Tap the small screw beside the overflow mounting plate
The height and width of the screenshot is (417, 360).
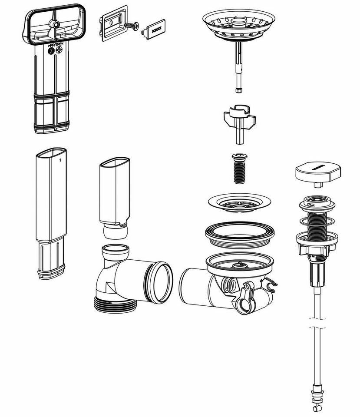pos(132,26)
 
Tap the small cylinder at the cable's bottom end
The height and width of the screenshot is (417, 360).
pos(315,408)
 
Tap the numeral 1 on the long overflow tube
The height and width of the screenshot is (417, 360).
pos(60,160)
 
